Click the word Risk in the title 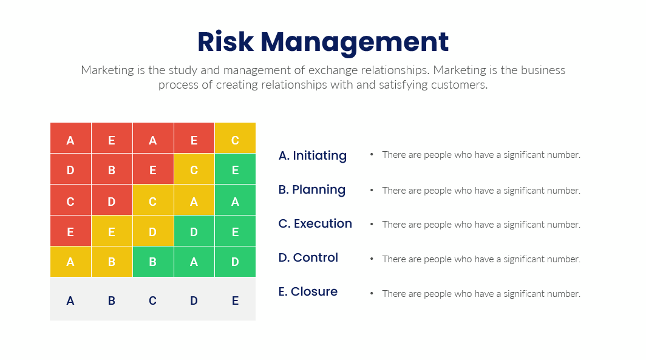[x=225, y=42]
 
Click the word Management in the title [x=355, y=43]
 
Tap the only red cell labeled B [x=112, y=169]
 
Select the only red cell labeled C [x=70, y=200]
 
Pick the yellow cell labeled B [x=112, y=262]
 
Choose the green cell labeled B [x=153, y=262]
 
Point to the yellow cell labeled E [x=112, y=231]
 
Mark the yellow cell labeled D [x=153, y=231]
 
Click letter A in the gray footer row [x=70, y=301]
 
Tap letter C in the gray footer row [x=153, y=301]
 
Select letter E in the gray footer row [x=235, y=301]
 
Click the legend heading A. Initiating [x=313, y=155]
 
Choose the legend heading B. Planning [x=312, y=190]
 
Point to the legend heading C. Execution [x=315, y=223]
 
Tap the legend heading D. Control [x=308, y=257]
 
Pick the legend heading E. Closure [x=308, y=291]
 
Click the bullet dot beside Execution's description [x=372, y=225]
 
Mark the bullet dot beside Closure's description [x=372, y=293]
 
